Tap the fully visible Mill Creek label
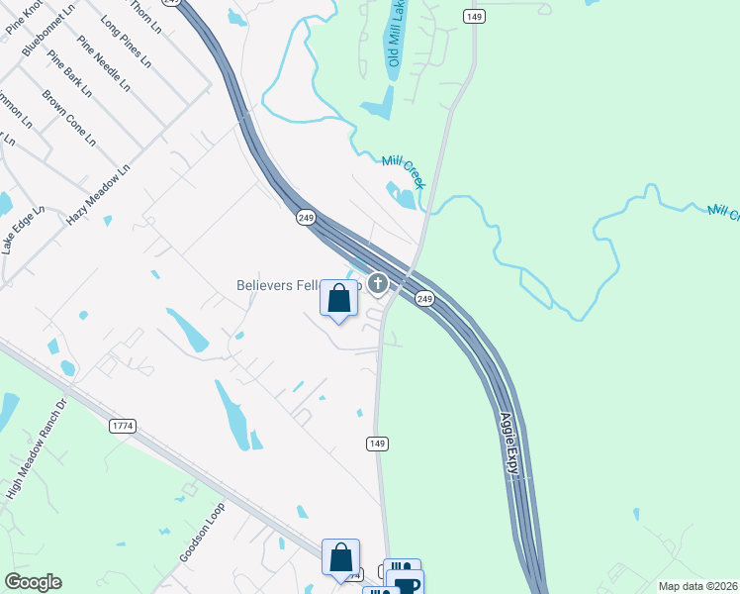point(404,171)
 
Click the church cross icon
point(377,285)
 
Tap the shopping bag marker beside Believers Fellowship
point(339,298)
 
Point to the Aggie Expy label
point(510,446)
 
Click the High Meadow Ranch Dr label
point(35,463)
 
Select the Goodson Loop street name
point(203,533)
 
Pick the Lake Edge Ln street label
point(24,230)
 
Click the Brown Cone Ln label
point(69,119)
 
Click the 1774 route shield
point(123,425)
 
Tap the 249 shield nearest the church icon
point(424,298)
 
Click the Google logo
point(33,582)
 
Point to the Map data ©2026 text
point(697,586)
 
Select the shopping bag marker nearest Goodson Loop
point(340,556)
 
